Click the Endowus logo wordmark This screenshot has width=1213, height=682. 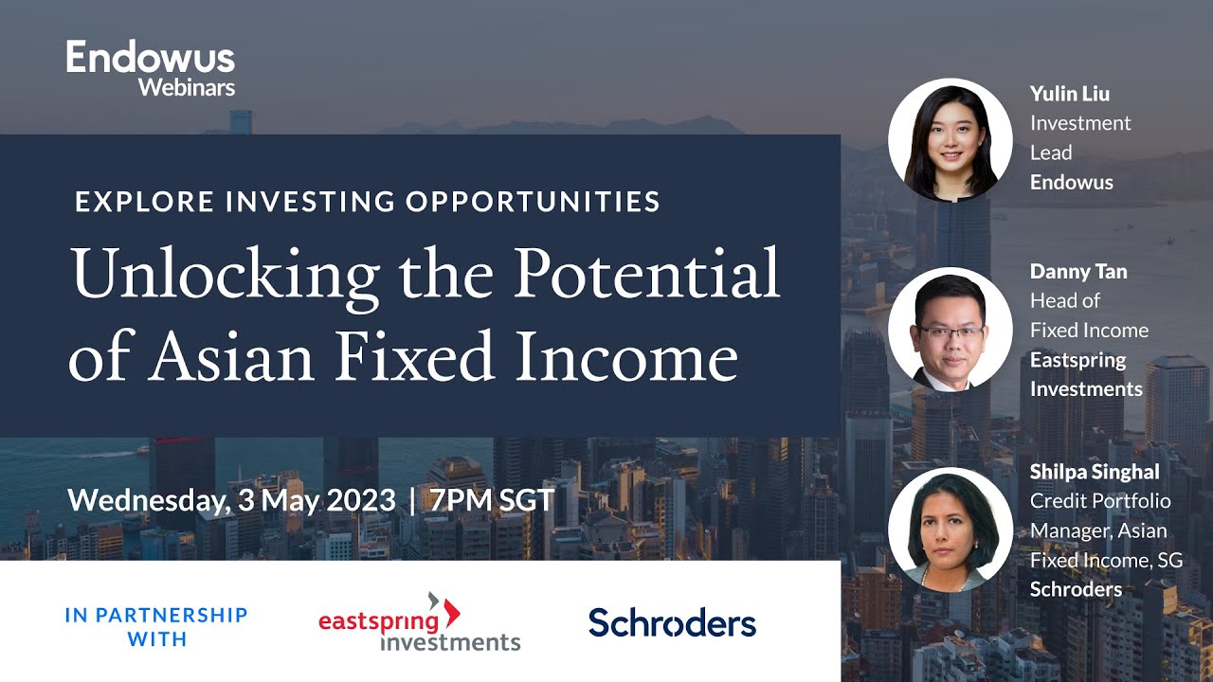[x=150, y=58]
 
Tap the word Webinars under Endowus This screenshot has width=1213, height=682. [x=186, y=87]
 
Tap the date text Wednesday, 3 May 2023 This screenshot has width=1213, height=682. [x=231, y=500]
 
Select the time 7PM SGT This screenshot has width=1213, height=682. [x=492, y=500]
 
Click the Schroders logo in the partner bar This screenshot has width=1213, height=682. [x=672, y=622]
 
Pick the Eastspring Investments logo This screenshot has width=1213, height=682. [x=419, y=622]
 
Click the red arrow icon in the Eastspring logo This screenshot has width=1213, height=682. [x=448, y=609]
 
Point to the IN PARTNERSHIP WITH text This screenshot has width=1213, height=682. [x=156, y=627]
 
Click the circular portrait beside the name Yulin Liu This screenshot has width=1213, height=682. [x=950, y=140]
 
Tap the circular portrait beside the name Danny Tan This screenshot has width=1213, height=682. [x=950, y=329]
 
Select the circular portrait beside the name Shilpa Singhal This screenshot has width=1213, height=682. [x=950, y=529]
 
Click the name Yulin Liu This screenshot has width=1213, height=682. [x=1069, y=94]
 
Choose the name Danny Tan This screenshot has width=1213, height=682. [x=1077, y=272]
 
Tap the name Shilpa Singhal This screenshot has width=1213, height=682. [x=1095, y=472]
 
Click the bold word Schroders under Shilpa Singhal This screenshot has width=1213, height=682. [x=1076, y=589]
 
